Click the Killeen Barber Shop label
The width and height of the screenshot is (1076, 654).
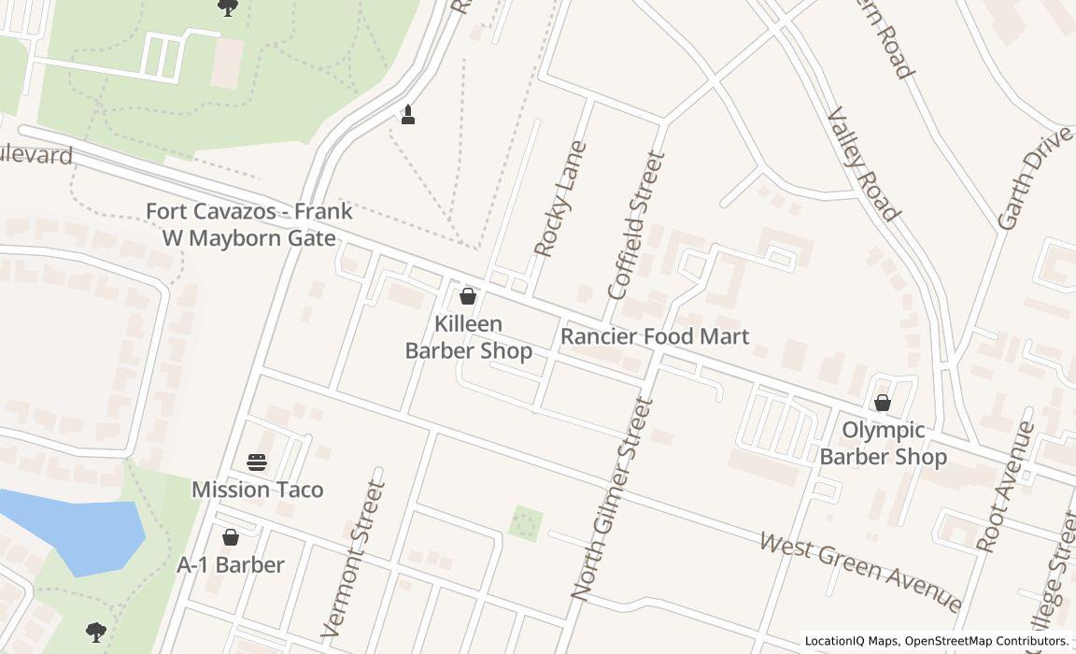[x=468, y=337]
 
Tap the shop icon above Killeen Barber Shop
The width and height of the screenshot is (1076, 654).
[x=468, y=297]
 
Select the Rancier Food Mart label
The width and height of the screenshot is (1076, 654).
[x=655, y=336]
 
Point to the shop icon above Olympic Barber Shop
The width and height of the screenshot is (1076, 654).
[x=882, y=403]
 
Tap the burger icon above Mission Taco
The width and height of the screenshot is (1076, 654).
[x=257, y=462]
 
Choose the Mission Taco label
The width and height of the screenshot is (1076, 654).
[x=257, y=490]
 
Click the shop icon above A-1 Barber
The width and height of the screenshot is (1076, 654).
[x=231, y=537]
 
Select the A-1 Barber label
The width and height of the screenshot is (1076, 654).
[x=231, y=564]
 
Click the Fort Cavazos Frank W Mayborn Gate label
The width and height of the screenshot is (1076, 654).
[x=249, y=224]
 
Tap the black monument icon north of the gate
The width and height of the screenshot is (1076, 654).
[x=407, y=115]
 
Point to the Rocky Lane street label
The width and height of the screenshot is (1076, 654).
[x=559, y=199]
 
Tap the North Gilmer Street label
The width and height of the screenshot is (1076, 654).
[x=608, y=498]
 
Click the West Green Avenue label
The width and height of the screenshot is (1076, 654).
[x=860, y=571]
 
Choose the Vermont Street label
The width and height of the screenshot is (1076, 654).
[x=353, y=559]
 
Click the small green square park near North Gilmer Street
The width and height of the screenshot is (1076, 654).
[x=526, y=523]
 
